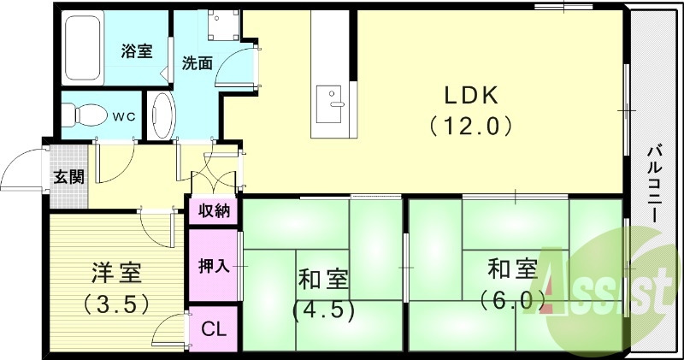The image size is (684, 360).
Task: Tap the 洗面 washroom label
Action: [197, 62]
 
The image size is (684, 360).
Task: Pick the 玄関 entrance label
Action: [69, 177]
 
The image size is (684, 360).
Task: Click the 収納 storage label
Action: [215, 211]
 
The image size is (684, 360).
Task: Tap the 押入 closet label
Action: [214, 265]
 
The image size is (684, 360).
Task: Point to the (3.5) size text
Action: [116, 303]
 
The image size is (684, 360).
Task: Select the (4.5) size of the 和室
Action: [323, 309]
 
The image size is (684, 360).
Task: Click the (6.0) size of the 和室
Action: [512, 299]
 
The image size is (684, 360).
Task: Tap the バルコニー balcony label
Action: [655, 184]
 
